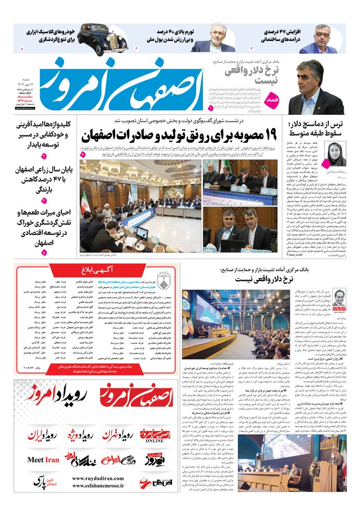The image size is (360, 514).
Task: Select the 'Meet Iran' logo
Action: [43, 460]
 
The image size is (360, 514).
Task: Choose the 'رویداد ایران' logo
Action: [44, 436]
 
